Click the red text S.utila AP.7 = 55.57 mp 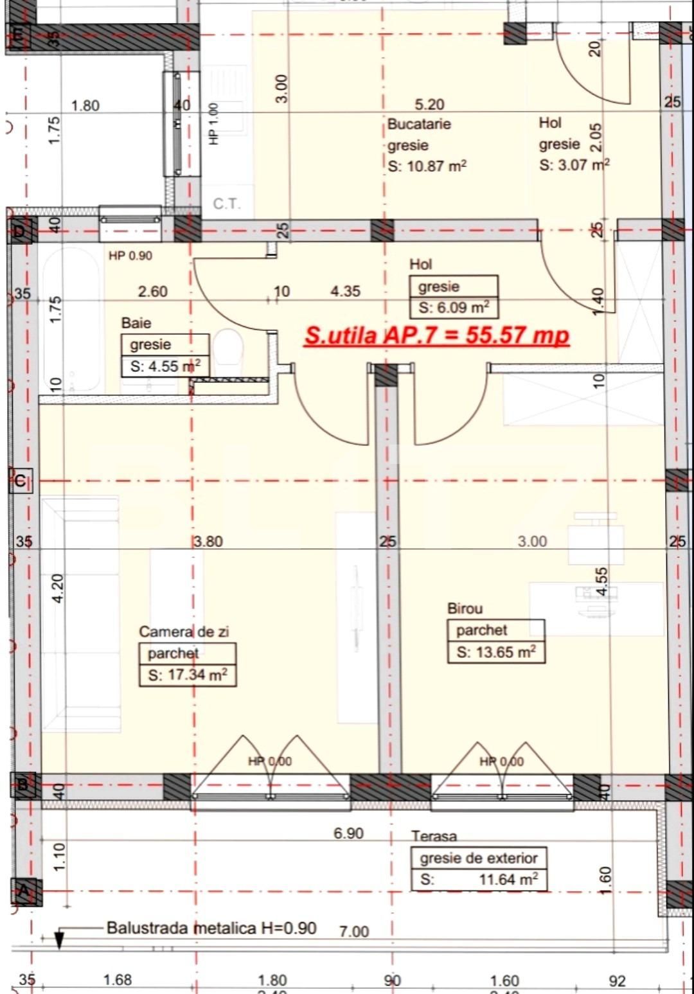pos(437,335)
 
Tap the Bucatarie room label pos(419,124)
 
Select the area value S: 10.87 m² pos(427,166)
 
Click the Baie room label pos(136,323)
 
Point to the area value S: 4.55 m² pos(165,366)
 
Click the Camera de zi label pos(184,632)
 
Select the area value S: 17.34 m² pos(188,675)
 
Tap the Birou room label pos(465,608)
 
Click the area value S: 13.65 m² pos(496,652)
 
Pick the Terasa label pos(434,836)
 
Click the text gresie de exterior pos(479,858)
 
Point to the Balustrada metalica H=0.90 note pos(211,928)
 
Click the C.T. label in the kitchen pos(226,204)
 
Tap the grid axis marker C pos(20,481)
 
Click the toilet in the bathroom pos(227,350)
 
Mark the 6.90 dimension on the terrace pos(348,833)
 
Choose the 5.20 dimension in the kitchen pos(429,104)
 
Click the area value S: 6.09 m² pos(454,308)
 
